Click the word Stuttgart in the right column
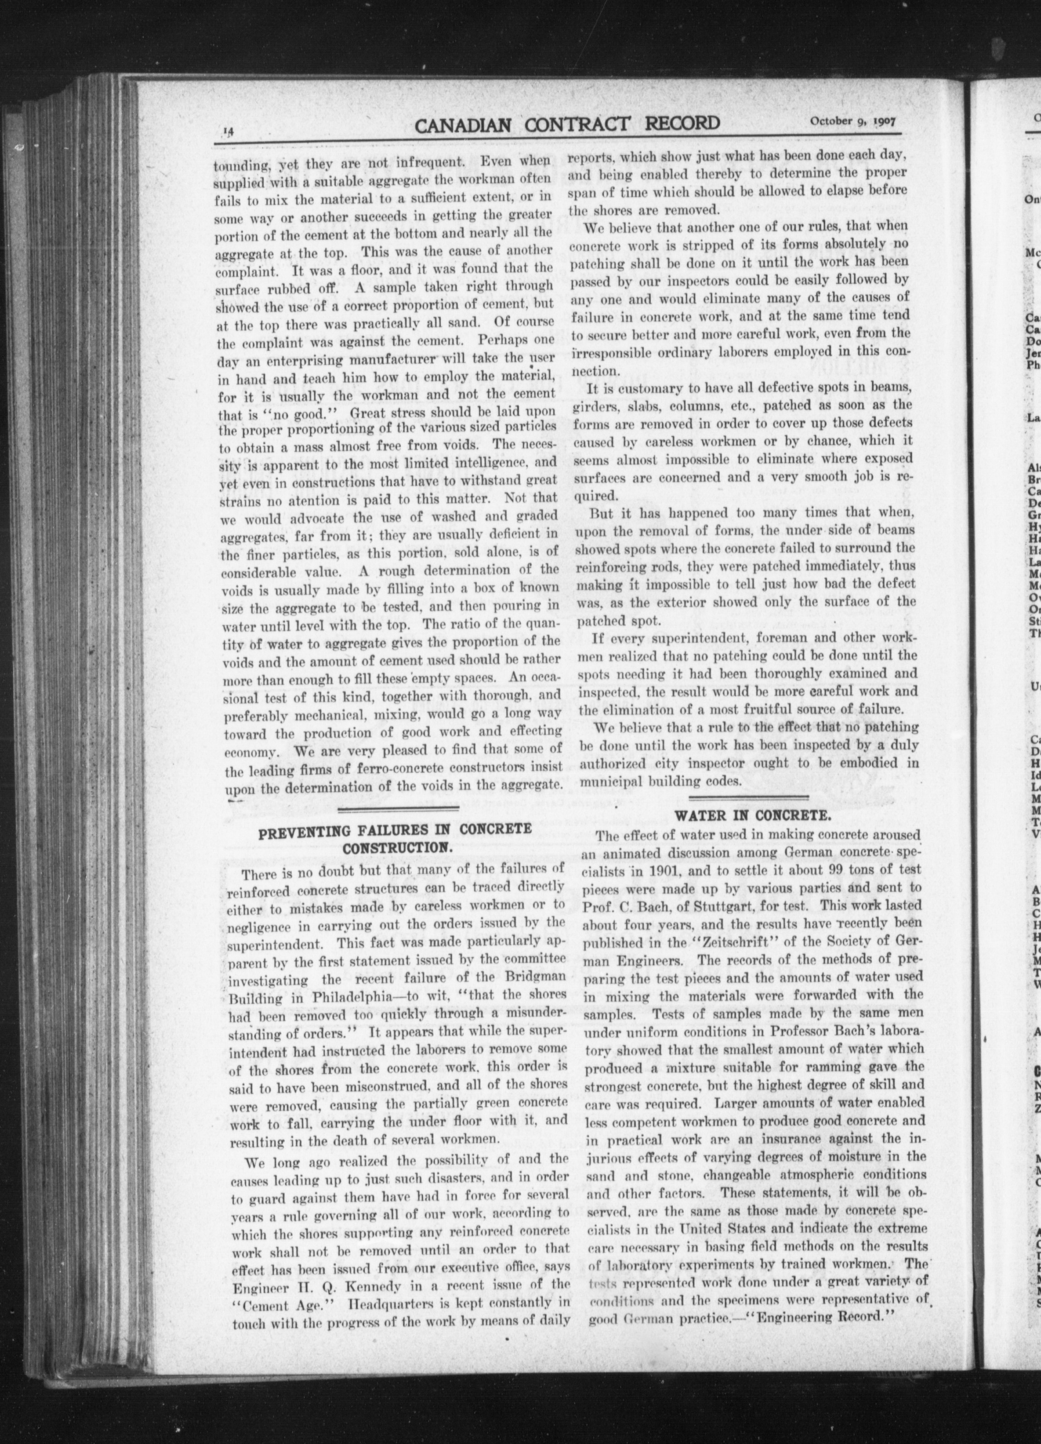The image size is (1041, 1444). [714, 905]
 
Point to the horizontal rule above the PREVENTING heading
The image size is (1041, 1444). [398, 809]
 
